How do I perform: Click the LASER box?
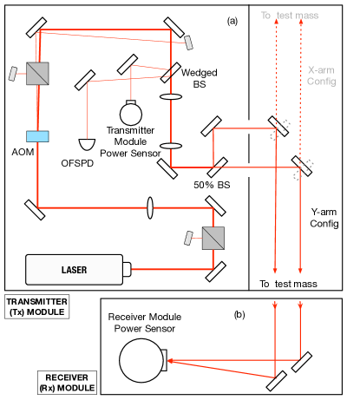pos(75,270)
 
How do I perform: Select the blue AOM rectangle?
pos(37,136)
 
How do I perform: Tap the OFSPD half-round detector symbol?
pos(87,145)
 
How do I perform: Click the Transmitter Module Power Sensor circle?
pos(131,114)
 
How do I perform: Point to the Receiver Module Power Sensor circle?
pos(141,360)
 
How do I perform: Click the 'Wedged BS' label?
pos(200,78)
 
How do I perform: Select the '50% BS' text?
pos(212,185)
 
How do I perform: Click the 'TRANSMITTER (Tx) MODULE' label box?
pos(37,307)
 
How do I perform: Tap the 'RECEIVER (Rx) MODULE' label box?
pos(67,383)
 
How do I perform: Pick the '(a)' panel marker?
pos(232,21)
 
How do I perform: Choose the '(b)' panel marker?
pos(239,314)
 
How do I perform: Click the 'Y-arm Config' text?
pos(324,218)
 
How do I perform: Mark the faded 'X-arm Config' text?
pos(322,75)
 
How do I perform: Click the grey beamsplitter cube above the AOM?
pos(37,74)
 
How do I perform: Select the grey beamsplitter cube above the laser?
pos(213,238)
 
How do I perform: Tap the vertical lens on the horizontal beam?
pos(150,207)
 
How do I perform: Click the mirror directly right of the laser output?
pos(215,272)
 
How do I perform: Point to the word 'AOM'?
pos(23,152)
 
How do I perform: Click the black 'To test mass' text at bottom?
pos(288,284)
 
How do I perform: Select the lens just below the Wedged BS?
pos(171,96)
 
